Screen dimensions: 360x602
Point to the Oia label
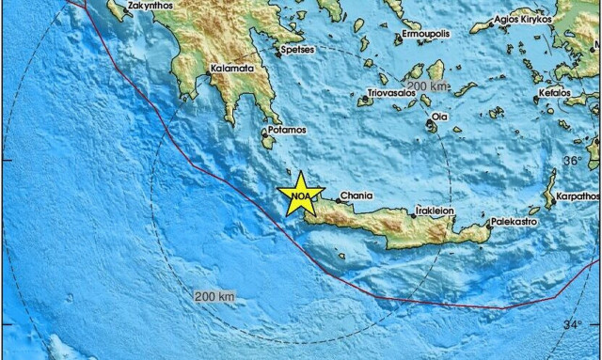coord(439,117)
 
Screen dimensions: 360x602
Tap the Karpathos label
coord(577,196)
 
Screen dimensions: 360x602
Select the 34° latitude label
coord(573,324)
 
